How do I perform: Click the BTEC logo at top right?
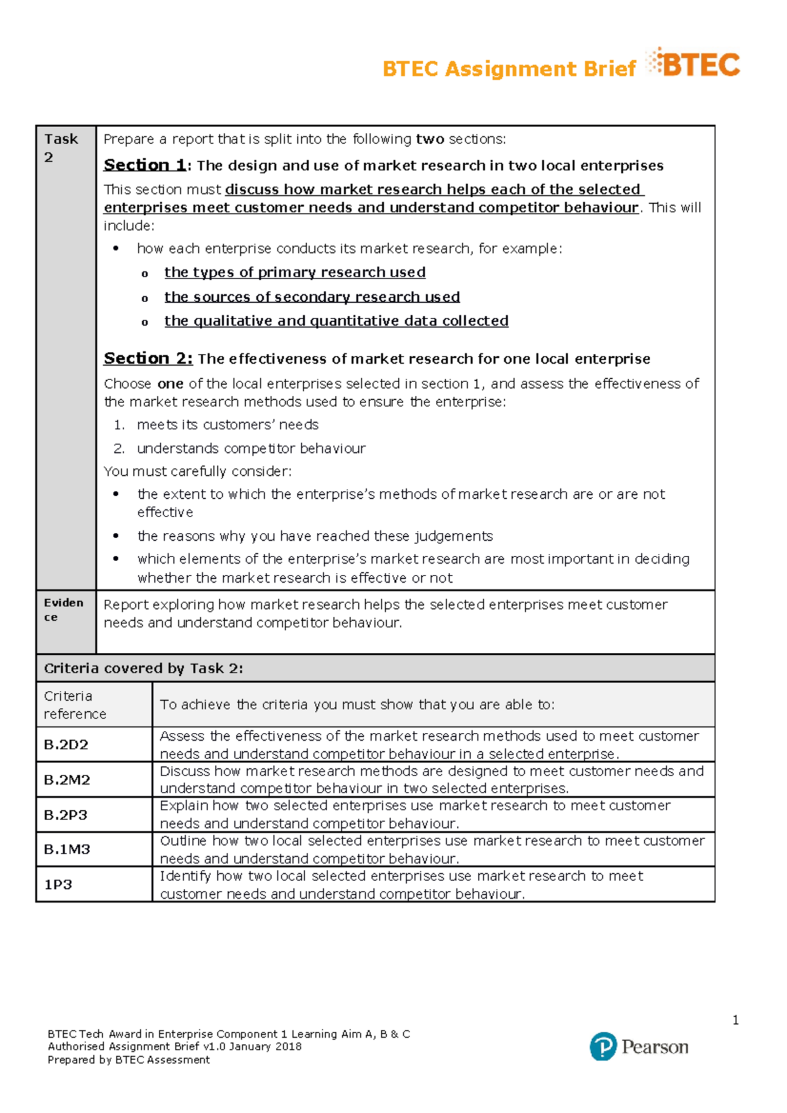tap(694, 64)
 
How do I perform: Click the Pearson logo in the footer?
tap(639, 1046)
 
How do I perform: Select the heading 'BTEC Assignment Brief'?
tap(509, 69)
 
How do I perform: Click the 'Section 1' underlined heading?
tap(145, 165)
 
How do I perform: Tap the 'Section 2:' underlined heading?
tap(148, 359)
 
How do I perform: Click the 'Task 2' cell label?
tap(61, 148)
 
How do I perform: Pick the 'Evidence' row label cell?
tap(64, 610)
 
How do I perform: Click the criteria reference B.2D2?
tap(66, 745)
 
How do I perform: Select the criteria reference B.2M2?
tap(67, 780)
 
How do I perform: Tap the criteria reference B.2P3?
tap(66, 815)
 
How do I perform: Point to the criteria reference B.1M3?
tap(67, 849)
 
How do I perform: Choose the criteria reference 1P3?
tap(58, 885)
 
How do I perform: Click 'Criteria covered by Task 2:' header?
tap(144, 669)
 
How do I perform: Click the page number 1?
tap(735, 1020)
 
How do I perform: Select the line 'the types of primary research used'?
tap(294, 273)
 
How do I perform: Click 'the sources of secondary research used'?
tap(312, 297)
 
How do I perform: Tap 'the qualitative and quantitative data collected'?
tap(336, 321)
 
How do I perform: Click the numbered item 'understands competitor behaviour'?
tap(251, 448)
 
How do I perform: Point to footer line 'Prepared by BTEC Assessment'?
tap(129, 1060)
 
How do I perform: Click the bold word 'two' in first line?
tap(430, 140)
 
